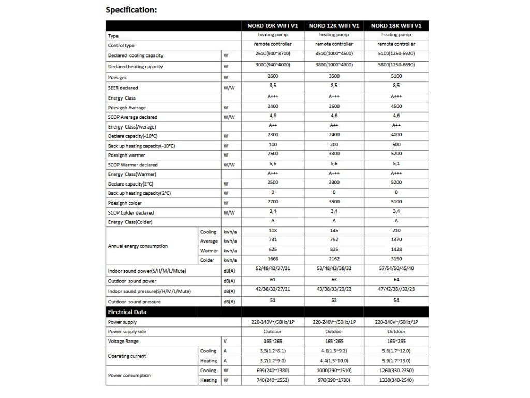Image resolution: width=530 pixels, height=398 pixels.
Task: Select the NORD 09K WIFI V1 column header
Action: point(273,25)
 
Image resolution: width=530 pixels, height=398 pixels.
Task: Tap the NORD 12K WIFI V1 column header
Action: point(334,25)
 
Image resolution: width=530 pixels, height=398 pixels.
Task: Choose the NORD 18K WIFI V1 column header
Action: point(396,25)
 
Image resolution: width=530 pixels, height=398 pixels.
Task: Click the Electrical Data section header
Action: point(127,312)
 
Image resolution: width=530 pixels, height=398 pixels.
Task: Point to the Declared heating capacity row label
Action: point(135,67)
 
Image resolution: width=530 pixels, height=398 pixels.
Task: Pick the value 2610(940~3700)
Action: point(273,53)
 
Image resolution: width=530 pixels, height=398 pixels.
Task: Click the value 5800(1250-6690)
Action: point(396,66)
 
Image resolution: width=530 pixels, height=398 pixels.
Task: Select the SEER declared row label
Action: point(123,88)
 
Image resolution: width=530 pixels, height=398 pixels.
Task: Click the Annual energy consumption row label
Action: point(138,246)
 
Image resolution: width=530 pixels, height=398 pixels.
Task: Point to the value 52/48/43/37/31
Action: point(273,269)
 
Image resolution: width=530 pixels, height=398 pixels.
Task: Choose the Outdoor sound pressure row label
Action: point(135,302)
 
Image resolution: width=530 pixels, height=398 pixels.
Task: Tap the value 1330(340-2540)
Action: point(396,380)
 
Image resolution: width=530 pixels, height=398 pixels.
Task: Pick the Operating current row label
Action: point(127,356)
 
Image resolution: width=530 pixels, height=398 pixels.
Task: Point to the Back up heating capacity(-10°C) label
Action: point(142,146)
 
